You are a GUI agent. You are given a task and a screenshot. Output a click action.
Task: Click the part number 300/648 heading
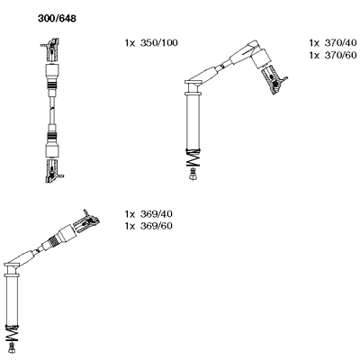tap(57, 19)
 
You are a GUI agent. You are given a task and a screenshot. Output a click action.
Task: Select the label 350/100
tap(159, 43)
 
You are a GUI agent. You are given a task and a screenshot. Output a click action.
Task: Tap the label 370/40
tap(341, 43)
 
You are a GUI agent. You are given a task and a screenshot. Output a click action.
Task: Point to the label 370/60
tap(341, 55)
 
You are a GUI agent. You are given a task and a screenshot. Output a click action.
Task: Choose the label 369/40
tap(157, 214)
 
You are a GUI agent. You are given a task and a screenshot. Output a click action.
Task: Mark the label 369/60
tap(157, 226)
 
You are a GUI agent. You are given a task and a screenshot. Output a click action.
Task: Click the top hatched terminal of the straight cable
tap(51, 50)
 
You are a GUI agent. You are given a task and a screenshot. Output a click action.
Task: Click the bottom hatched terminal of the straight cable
tap(53, 171)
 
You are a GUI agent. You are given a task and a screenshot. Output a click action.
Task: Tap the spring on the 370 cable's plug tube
tap(193, 157)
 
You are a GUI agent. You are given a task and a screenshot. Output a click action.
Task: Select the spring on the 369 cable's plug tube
tap(12, 333)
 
